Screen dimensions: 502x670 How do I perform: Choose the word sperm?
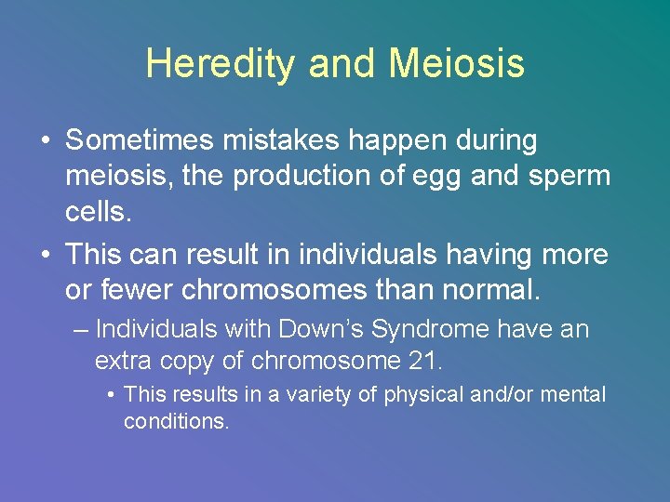click(x=569, y=178)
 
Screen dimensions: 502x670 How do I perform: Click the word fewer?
click(x=136, y=290)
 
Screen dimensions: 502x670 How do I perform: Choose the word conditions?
click(x=176, y=421)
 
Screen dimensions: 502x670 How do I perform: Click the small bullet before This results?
click(x=111, y=396)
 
